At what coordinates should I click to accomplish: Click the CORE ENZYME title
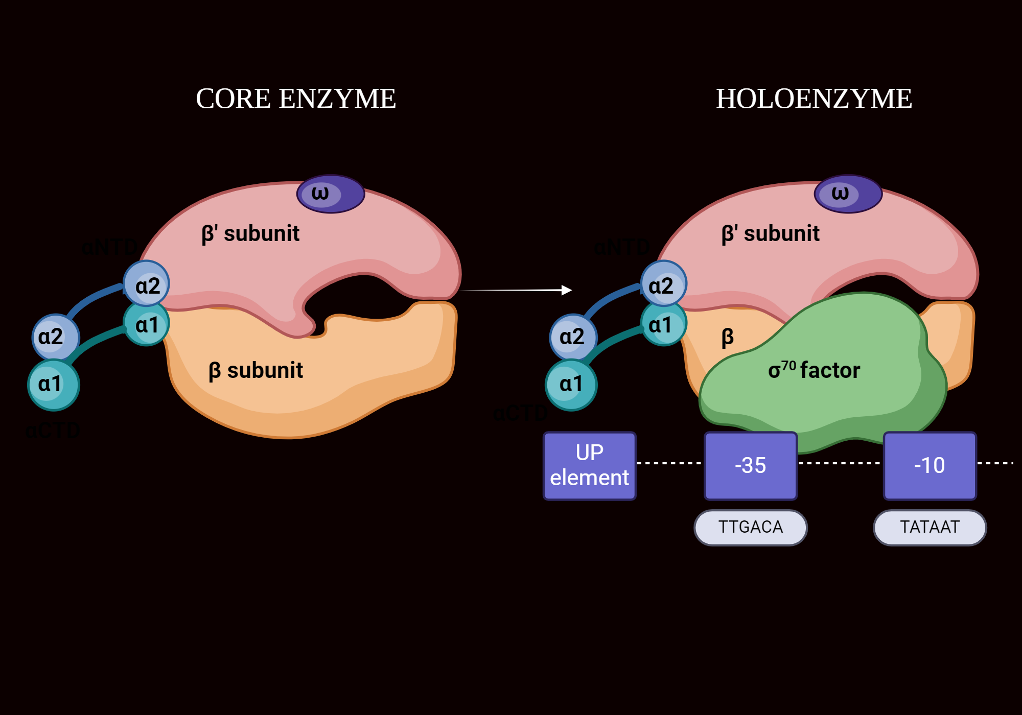coord(296,99)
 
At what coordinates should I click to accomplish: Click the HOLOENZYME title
coord(814,99)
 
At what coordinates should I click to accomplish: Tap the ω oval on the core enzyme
coord(331,194)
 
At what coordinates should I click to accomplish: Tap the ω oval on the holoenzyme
coord(848,194)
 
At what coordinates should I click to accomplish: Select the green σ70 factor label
coord(814,370)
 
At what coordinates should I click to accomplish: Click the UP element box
coord(589,465)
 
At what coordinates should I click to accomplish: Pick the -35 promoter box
coord(750,465)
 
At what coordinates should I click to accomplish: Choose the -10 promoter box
coord(930,465)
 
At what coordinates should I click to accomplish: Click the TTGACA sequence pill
coord(750,527)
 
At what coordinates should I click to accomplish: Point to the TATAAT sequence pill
coord(930,527)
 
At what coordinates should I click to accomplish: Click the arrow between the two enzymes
coord(516,290)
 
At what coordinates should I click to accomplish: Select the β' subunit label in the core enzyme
coord(250,233)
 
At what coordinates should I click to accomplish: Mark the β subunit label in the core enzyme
coord(255,370)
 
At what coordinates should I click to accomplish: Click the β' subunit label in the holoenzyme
coord(770,233)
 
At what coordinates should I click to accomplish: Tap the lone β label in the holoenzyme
coord(727,337)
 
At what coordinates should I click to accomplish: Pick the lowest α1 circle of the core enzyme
coord(53,385)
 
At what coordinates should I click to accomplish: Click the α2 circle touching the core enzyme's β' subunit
coord(147,284)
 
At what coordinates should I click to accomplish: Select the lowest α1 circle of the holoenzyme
coord(571,385)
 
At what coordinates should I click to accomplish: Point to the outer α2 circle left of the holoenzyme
coord(573,337)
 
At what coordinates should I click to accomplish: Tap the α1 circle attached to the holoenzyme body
coord(663,324)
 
